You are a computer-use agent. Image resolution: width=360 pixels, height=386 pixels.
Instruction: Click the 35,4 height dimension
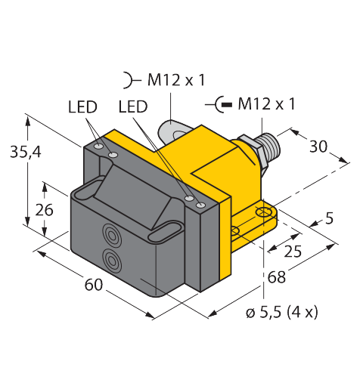tap(26, 152)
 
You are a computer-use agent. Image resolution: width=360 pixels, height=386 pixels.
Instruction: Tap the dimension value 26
tap(44, 210)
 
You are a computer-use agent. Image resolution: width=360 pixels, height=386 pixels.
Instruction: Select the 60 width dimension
tap(94, 285)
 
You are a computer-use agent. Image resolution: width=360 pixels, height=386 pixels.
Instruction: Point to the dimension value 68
tap(277, 277)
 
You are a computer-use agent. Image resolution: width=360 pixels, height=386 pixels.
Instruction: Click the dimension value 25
tap(293, 251)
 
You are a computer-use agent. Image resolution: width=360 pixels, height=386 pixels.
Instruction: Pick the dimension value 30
tap(318, 147)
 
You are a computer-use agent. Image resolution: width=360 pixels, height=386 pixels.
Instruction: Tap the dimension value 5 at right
tap(329, 218)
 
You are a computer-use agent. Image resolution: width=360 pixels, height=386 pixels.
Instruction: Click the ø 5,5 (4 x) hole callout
tap(282, 313)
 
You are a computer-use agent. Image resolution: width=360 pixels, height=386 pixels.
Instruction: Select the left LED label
tap(82, 107)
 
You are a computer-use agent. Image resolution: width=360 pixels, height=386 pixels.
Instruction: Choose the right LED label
tap(133, 107)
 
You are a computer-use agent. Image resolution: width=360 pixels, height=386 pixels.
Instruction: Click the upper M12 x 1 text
tap(176, 80)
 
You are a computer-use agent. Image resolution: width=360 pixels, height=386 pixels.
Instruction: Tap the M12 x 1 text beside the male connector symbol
tap(266, 104)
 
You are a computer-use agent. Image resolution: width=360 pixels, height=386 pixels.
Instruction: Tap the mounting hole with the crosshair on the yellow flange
tap(263, 212)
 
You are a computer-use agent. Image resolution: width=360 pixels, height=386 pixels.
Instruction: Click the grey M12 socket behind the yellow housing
tap(172, 131)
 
